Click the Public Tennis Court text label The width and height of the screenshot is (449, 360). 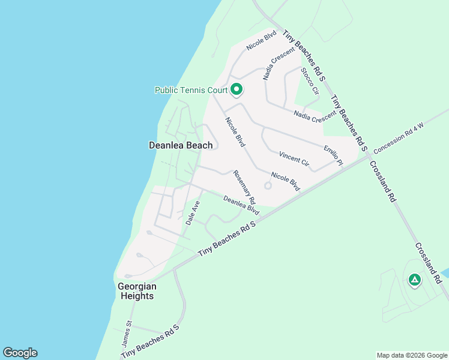pyautogui.click(x=191, y=91)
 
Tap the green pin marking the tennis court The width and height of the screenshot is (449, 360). pyautogui.click(x=237, y=90)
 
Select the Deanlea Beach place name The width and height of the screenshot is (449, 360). pyautogui.click(x=181, y=145)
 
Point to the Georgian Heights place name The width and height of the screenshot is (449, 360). pyautogui.click(x=136, y=291)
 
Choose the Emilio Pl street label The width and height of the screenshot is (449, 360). pyautogui.click(x=333, y=155)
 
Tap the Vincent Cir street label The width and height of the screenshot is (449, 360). pyautogui.click(x=294, y=160)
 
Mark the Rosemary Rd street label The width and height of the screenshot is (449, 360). pyautogui.click(x=244, y=187)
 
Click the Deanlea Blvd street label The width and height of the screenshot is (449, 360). pyautogui.click(x=241, y=206)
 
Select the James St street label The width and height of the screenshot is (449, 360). pyautogui.click(x=128, y=331)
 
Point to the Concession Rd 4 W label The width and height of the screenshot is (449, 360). pyautogui.click(x=399, y=137)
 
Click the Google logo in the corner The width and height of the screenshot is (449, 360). pyautogui.click(x=20, y=353)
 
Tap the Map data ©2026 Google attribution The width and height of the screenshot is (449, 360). pyautogui.click(x=411, y=355)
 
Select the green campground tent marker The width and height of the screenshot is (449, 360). pyautogui.click(x=414, y=279)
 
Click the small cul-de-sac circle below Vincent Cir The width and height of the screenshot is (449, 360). pyautogui.click(x=268, y=185)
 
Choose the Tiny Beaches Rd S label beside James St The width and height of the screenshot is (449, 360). pyautogui.click(x=151, y=342)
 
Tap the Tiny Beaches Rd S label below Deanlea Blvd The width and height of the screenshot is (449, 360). pyautogui.click(x=227, y=239)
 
